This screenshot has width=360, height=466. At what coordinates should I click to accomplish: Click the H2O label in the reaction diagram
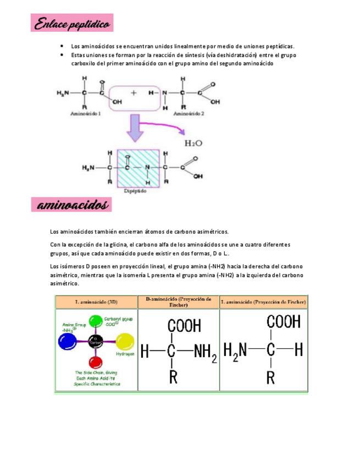pos(193,143)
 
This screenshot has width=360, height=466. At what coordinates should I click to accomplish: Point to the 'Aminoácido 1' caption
pos(86,113)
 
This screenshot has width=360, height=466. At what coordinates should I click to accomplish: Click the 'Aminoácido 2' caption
pos(189,113)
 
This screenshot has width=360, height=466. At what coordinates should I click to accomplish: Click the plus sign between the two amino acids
pos(134,93)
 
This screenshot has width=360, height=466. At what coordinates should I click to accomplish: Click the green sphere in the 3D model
pos(96,321)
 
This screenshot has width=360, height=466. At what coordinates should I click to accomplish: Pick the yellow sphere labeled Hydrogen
pos(125,342)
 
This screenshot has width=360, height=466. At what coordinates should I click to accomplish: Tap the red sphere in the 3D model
pos(96,363)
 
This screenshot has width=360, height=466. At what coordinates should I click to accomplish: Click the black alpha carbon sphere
pos(96,341)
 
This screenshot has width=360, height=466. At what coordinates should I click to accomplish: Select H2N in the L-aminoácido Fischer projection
pos(235,350)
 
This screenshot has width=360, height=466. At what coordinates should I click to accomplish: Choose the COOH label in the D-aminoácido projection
pos(184,326)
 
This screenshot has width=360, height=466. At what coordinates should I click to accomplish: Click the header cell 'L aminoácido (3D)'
pos(96,302)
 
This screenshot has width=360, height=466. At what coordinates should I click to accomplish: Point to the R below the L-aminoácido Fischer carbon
pos(270,377)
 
